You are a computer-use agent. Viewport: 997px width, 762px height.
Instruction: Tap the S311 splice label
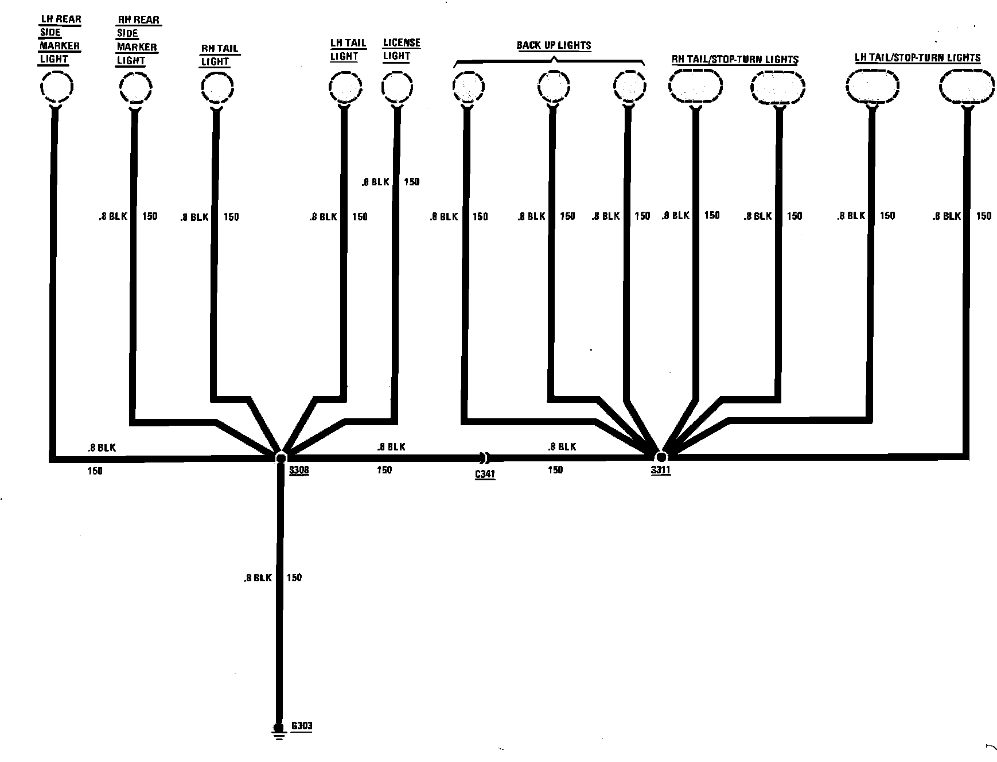660,471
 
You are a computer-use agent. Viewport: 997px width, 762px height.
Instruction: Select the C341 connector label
485,475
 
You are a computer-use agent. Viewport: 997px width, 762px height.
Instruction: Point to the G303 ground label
302,726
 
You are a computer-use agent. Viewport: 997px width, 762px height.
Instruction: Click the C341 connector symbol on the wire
485,458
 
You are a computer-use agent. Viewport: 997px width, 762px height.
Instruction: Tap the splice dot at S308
281,458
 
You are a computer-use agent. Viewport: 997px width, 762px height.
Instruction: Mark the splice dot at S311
661,457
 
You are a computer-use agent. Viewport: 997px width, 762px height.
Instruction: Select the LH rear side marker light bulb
57,87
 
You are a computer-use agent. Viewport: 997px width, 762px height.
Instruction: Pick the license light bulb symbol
398,87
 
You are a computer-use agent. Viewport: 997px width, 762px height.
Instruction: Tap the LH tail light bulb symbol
345,87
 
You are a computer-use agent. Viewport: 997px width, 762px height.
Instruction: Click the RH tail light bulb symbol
217,87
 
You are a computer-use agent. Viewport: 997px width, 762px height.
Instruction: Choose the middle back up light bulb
554,87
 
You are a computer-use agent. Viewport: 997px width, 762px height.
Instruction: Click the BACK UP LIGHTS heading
554,45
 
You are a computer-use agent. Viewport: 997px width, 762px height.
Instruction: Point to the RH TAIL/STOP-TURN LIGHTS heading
735,59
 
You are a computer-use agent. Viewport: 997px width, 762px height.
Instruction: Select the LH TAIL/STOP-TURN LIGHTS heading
917,57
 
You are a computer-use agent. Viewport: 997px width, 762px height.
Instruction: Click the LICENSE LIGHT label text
401,49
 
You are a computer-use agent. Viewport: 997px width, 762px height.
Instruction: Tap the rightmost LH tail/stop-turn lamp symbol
967,87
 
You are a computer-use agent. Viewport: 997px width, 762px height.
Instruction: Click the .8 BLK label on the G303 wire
258,578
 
